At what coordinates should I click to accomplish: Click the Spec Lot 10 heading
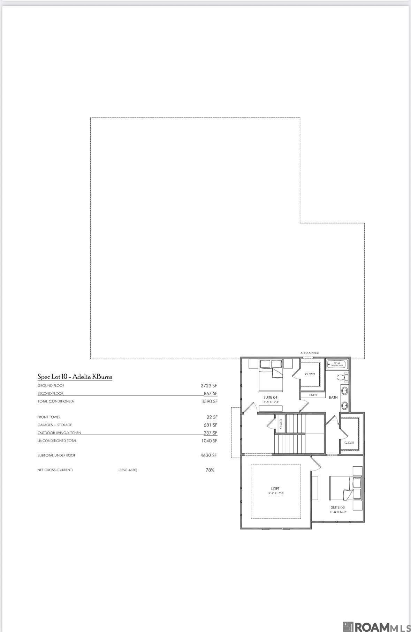click(x=75, y=377)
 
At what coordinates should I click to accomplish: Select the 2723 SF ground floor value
click(x=209, y=386)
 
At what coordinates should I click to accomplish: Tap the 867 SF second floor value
click(x=210, y=393)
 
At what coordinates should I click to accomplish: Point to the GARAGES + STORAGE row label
click(x=55, y=425)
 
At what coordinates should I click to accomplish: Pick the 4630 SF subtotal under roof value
click(x=208, y=455)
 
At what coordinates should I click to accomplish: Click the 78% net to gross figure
click(x=210, y=470)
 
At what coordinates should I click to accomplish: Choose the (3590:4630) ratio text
click(x=128, y=470)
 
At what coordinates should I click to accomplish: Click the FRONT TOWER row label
click(x=49, y=417)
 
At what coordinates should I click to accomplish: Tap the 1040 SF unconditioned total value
click(x=208, y=441)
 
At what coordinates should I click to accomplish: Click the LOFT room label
click(x=275, y=489)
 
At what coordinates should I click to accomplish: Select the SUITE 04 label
click(x=270, y=397)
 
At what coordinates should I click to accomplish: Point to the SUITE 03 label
click(x=338, y=507)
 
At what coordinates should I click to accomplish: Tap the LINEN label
click(x=313, y=395)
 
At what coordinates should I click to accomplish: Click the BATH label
click(x=333, y=397)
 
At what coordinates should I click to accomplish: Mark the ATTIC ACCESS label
click(x=310, y=353)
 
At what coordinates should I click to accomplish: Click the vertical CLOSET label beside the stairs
click(x=281, y=423)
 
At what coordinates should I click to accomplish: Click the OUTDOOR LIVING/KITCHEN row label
click(x=59, y=433)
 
